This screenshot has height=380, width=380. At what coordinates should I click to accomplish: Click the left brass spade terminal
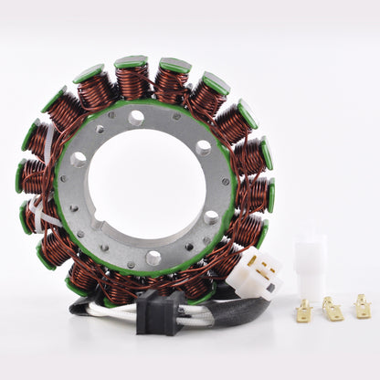pos(303,312)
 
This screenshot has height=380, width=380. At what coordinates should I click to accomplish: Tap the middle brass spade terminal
pos(332,311)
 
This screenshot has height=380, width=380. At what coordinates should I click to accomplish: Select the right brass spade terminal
pos(363,309)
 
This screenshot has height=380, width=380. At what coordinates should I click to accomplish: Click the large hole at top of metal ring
pos(136,118)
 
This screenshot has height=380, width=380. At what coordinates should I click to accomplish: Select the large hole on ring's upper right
pos(203,146)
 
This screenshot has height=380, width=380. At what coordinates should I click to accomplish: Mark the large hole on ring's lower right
pos(212,217)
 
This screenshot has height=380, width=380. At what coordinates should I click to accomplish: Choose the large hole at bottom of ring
pos(153,259)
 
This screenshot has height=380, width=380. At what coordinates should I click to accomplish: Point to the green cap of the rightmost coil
pos(270,195)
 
